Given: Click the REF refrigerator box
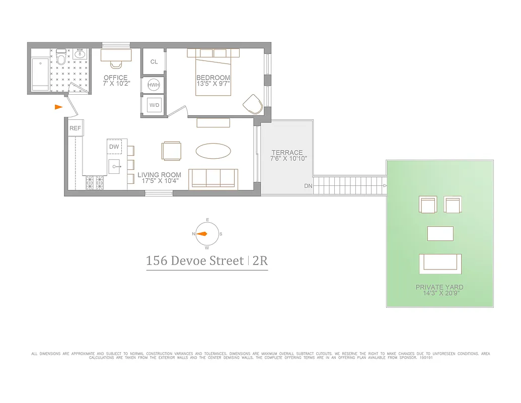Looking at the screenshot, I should [x=75, y=128].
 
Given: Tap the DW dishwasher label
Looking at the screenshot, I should [x=114, y=147].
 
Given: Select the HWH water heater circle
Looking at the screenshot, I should [x=153, y=86].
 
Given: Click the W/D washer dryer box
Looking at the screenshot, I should [x=153, y=105].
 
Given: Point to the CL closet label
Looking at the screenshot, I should [x=154, y=62].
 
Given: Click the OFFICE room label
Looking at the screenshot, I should [x=115, y=78].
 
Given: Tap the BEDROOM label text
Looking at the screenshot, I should [x=213, y=78].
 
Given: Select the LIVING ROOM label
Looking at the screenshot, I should [x=159, y=175].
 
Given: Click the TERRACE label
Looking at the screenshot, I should [x=287, y=153].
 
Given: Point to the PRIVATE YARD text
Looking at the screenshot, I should [x=439, y=287].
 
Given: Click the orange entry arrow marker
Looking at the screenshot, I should [x=59, y=107].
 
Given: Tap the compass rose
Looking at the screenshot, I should [x=207, y=234].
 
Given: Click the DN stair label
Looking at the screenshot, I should [x=308, y=186].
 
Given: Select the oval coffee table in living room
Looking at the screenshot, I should [x=213, y=151].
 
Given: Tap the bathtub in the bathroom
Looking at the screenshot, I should [x=40, y=74].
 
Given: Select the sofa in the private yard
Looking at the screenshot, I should [x=440, y=262].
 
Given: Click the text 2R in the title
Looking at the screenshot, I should [x=260, y=261].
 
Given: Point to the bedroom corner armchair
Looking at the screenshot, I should [x=253, y=105].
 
